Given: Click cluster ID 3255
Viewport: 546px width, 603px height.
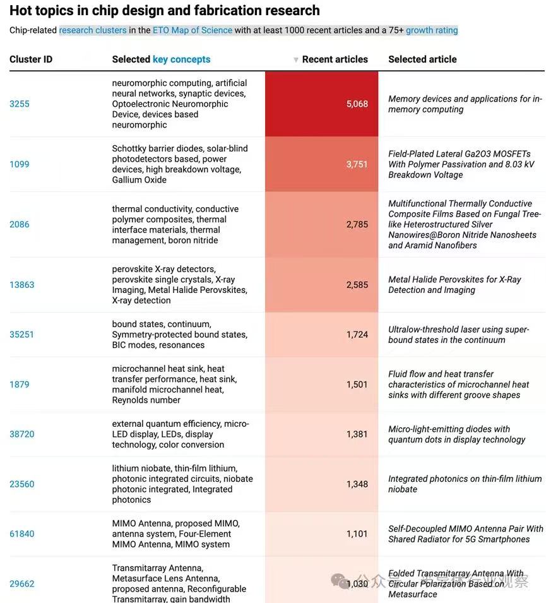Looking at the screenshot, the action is pyautogui.click(x=19, y=104).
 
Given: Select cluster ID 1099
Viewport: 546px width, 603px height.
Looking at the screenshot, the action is pyautogui.click(x=19, y=164).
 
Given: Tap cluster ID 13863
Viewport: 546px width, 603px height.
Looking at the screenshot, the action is pyautogui.click(x=22, y=285).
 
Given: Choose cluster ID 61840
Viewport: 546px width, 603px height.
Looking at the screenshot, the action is pyautogui.click(x=22, y=534).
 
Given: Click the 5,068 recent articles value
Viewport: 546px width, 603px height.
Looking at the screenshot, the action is pyautogui.click(x=357, y=104).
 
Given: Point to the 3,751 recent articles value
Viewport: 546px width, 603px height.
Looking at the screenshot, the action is pyautogui.click(x=357, y=164).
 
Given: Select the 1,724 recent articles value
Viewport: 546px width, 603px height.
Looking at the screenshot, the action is pyautogui.click(x=357, y=335).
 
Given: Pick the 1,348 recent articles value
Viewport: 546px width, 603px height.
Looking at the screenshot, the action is pyautogui.click(x=357, y=484).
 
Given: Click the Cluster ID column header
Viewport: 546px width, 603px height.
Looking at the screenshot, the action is pyautogui.click(x=31, y=59).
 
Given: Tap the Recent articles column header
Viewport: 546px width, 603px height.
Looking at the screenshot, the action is pyautogui.click(x=335, y=59).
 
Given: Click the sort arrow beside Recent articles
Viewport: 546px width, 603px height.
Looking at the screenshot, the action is pyautogui.click(x=295, y=59).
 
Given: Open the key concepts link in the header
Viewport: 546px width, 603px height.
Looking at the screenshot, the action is pyautogui.click(x=182, y=59).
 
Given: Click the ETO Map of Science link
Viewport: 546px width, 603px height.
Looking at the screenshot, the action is pyautogui.click(x=193, y=30).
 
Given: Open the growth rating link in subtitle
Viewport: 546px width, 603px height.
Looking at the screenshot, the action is pyautogui.click(x=432, y=30).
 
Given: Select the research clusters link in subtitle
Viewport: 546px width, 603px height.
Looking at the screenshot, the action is pyautogui.click(x=93, y=30).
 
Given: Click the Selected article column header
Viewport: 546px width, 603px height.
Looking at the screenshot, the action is pyautogui.click(x=422, y=59).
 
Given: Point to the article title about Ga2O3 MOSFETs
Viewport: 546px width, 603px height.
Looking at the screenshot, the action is pyautogui.click(x=461, y=164).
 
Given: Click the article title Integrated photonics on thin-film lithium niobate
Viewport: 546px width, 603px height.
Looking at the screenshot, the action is pyautogui.click(x=465, y=484).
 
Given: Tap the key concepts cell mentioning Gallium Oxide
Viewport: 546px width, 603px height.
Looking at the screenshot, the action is pyautogui.click(x=180, y=164).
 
